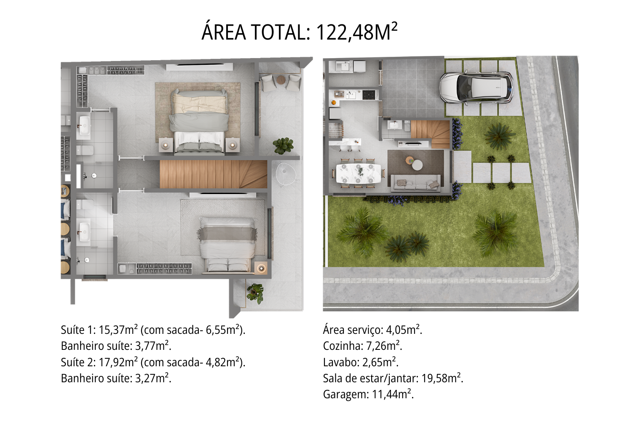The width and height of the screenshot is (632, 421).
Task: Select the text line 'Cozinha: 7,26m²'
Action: point(362,346)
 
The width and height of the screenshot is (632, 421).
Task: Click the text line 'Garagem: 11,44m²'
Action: point(368,394)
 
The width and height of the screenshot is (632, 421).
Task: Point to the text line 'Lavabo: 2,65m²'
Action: point(360,362)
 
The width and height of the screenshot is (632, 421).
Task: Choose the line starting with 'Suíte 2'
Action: point(153,362)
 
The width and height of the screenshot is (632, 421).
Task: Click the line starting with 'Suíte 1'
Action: point(153,330)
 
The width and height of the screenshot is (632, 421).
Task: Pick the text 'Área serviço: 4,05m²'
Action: point(372,330)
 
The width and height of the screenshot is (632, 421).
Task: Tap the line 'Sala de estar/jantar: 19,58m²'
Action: point(393,378)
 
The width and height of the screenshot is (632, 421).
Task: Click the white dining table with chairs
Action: point(359,173)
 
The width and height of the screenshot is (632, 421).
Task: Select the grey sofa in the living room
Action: point(416,184)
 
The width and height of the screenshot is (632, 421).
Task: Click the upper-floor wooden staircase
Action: point(213,174)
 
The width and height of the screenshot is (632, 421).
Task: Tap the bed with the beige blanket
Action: point(200,120)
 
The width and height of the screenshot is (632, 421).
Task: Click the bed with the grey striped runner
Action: point(228,244)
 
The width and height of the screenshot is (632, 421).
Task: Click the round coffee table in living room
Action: point(417,165)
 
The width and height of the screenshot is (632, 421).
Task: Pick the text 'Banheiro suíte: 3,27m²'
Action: point(116,378)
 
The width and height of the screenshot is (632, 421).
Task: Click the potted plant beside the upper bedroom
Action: point(283,146)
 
